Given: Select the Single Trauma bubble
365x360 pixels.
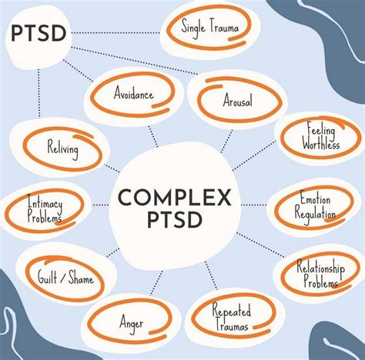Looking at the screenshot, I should tap(209, 28).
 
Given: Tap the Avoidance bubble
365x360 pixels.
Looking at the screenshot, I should tap(133, 95).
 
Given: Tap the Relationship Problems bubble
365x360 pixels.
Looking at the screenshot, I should tap(316, 275).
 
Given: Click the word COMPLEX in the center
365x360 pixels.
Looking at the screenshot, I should tap(175, 198).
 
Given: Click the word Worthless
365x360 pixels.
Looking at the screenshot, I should tap(321, 144).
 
